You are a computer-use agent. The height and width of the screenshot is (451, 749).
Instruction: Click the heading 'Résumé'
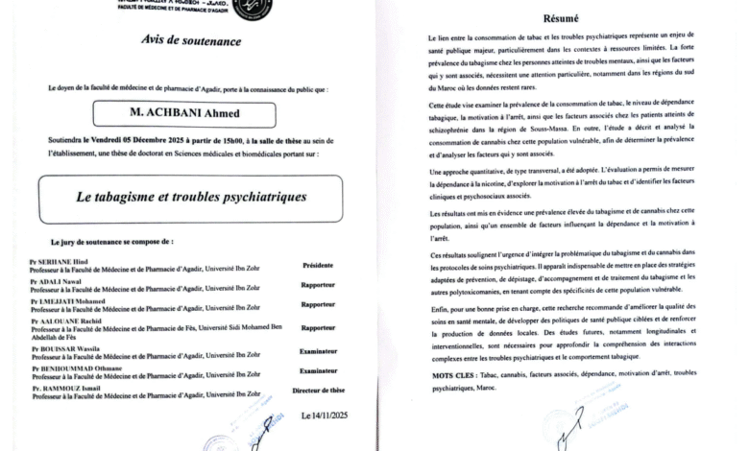coord(562,17)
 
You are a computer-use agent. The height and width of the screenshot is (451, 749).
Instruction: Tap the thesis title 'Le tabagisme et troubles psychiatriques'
coord(191,197)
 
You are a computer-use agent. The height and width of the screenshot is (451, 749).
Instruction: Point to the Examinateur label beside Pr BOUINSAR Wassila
coord(317,351)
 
